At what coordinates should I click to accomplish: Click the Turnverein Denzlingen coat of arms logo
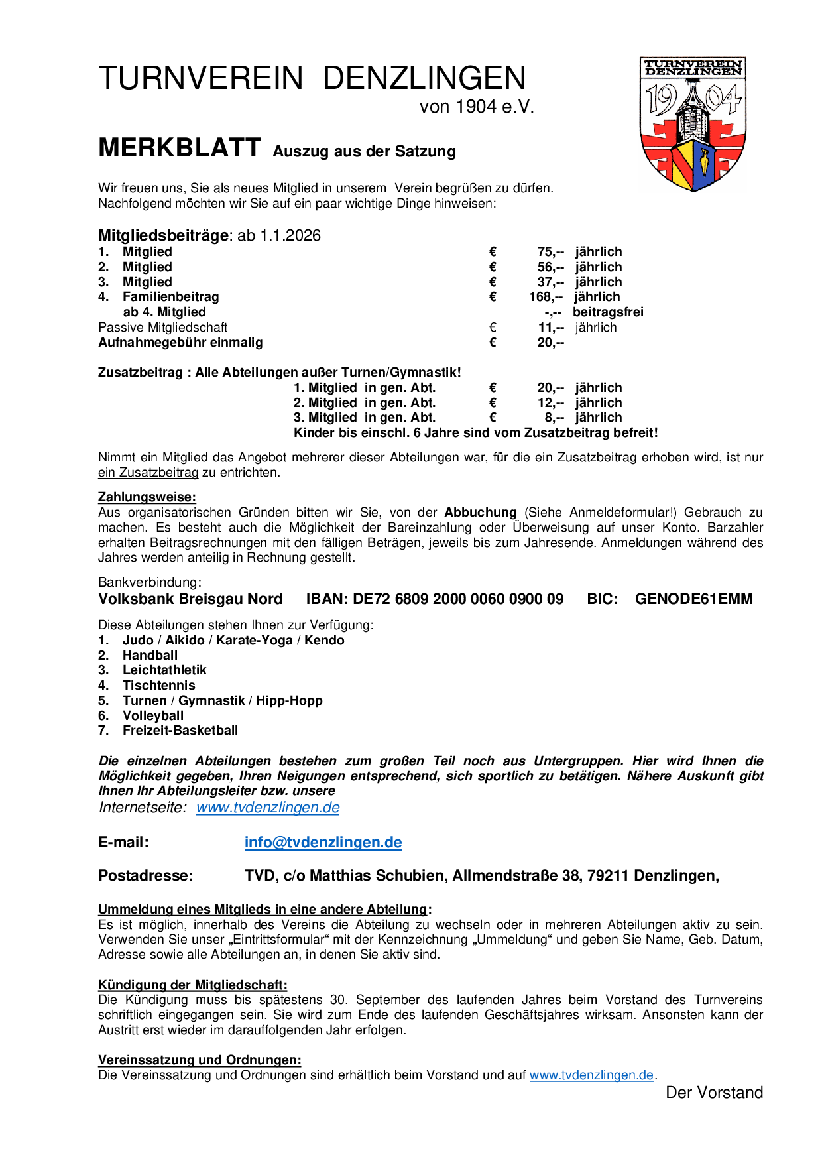[x=692, y=124]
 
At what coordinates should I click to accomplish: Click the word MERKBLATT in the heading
[x=180, y=148]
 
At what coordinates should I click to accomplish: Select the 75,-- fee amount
[x=550, y=252]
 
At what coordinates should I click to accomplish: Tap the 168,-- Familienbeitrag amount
[x=546, y=297]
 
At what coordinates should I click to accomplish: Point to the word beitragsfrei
[x=608, y=312]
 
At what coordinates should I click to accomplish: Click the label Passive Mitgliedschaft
[x=162, y=328]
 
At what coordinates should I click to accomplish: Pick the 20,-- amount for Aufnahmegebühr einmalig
[x=550, y=343]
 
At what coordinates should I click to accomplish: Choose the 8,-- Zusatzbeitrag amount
[x=554, y=418]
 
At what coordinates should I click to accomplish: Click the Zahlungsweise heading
[x=147, y=497]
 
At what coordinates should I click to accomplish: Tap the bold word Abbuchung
[x=480, y=513]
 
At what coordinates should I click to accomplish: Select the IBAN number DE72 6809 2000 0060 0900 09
[x=457, y=599]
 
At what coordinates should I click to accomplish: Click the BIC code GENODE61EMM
[x=693, y=599]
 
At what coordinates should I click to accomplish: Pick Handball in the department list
[x=150, y=656]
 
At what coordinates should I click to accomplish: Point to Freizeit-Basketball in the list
[x=180, y=731]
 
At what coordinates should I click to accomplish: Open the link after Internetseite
[x=268, y=808]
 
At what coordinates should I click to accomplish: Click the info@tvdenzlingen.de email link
[x=323, y=843]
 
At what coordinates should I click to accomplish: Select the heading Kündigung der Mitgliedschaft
[x=192, y=985]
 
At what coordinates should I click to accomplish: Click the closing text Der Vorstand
[x=714, y=1093]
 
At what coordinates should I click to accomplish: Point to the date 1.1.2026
[x=290, y=236]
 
